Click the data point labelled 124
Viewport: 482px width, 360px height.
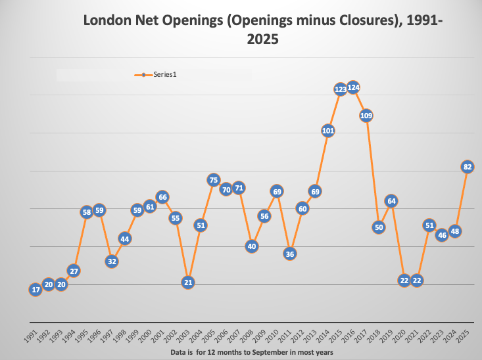(x=353, y=87)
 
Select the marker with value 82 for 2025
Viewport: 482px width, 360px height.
(x=468, y=167)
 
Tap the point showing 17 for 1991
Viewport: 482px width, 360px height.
(x=35, y=290)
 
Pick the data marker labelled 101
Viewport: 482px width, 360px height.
(x=327, y=131)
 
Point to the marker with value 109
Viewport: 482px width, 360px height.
(x=366, y=116)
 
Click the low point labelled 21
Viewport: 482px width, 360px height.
(x=187, y=282)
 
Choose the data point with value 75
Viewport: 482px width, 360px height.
(x=213, y=179)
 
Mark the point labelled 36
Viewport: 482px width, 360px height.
(x=289, y=254)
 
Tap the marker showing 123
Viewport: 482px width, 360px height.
(x=341, y=89)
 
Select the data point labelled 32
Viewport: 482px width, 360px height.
(x=112, y=261)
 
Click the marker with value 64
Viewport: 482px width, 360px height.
(x=391, y=201)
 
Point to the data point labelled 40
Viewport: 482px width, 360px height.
(x=251, y=246)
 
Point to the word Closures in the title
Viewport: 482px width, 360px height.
(x=365, y=21)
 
